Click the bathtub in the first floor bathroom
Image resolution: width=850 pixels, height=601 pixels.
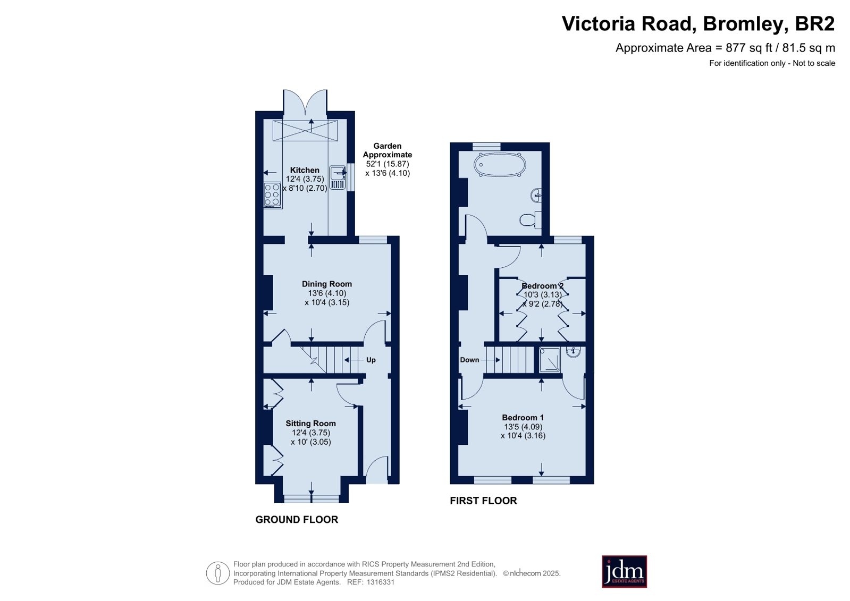(499, 165)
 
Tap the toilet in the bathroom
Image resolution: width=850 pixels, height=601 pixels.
(531, 219)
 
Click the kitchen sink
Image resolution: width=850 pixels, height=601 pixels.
(338, 177)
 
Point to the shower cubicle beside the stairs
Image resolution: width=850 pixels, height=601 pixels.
(550, 360)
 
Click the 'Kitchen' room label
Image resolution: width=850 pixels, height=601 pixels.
(305, 170)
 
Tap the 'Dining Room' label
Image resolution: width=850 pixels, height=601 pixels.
(327, 284)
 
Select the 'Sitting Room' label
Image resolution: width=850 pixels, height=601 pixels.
(311, 424)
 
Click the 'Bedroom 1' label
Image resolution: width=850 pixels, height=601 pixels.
(523, 417)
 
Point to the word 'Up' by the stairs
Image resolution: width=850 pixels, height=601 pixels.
(371, 360)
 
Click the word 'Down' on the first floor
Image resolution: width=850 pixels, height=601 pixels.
(469, 360)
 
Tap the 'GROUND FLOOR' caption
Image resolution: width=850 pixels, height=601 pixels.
(297, 519)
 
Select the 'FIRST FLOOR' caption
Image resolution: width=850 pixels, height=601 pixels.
(483, 501)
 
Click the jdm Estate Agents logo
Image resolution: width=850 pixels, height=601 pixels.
(624, 571)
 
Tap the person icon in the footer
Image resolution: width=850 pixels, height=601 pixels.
(218, 573)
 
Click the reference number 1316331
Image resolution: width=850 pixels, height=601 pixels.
(381, 582)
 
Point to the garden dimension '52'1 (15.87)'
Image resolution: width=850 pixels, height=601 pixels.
(388, 164)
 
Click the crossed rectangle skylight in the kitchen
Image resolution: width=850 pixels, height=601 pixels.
(305, 131)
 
